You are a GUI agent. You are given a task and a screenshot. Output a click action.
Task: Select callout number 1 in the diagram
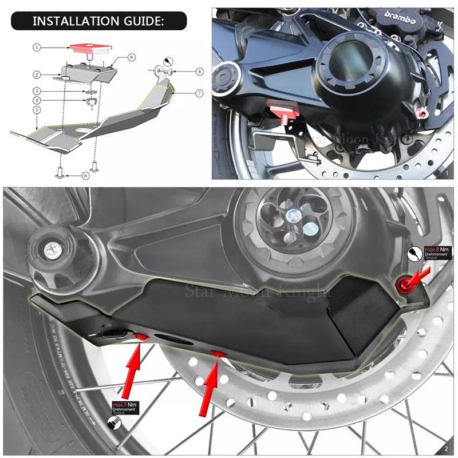point(37,48)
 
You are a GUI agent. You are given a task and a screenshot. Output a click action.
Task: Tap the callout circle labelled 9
point(131,57)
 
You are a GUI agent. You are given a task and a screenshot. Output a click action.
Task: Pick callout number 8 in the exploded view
point(199,72)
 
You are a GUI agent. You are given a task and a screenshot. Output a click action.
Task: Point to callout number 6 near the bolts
point(85,175)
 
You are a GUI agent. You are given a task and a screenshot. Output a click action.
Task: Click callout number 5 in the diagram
point(37,109)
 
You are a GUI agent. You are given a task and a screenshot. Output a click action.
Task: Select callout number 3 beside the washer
point(37,91)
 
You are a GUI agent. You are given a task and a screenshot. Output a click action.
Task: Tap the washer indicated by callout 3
point(89,91)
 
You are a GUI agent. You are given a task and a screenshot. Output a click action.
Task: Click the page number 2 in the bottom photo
point(446,448)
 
